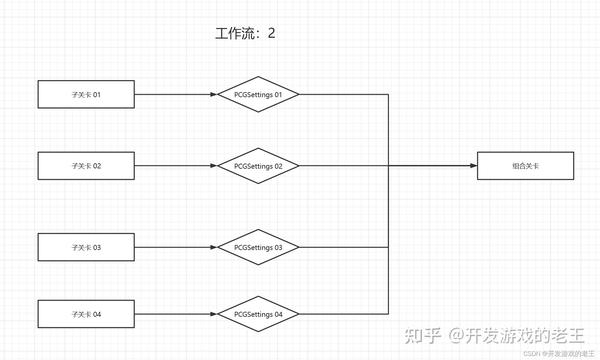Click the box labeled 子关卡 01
click(x=86, y=95)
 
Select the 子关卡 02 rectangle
click(x=86, y=166)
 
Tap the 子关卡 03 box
click(x=86, y=246)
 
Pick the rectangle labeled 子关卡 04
click(x=86, y=315)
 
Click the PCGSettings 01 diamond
click(x=258, y=95)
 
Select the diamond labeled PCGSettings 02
click(x=258, y=166)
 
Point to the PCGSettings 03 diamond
click(x=258, y=246)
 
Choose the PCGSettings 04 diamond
click(x=258, y=315)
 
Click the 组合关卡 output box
click(x=525, y=166)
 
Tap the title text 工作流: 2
click(x=244, y=33)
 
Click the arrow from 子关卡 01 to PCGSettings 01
click(x=175, y=95)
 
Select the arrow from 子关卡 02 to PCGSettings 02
click(x=175, y=166)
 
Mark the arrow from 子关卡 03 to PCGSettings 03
click(x=175, y=246)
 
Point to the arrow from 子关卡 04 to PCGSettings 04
click(x=175, y=315)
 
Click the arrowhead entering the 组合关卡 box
click(x=471, y=166)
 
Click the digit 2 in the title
click(x=270, y=33)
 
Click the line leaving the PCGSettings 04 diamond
click(x=340, y=315)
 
